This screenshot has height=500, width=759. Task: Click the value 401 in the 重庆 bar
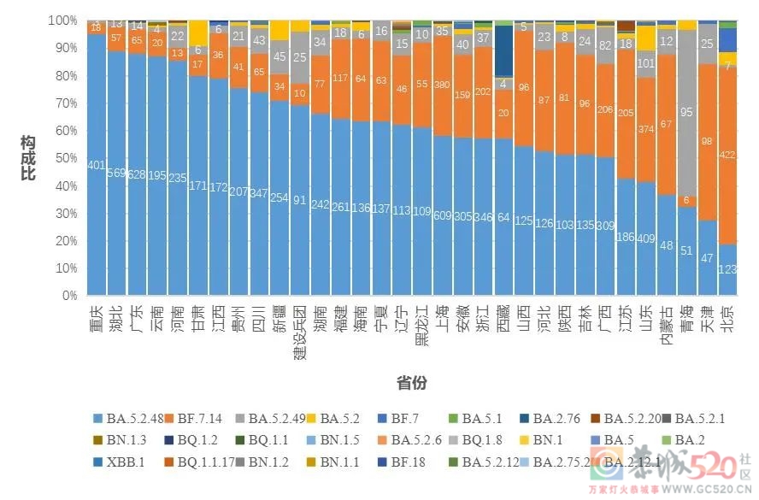pyautogui.click(x=96, y=165)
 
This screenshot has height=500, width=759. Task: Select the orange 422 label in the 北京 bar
pyautogui.click(x=727, y=155)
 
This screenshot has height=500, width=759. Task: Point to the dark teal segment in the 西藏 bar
pyautogui.click(x=504, y=51)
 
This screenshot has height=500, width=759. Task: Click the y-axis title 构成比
pyautogui.click(x=27, y=159)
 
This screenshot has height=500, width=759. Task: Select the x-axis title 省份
pyautogui.click(x=410, y=383)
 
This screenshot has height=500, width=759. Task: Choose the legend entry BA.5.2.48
pyautogui.click(x=127, y=419)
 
